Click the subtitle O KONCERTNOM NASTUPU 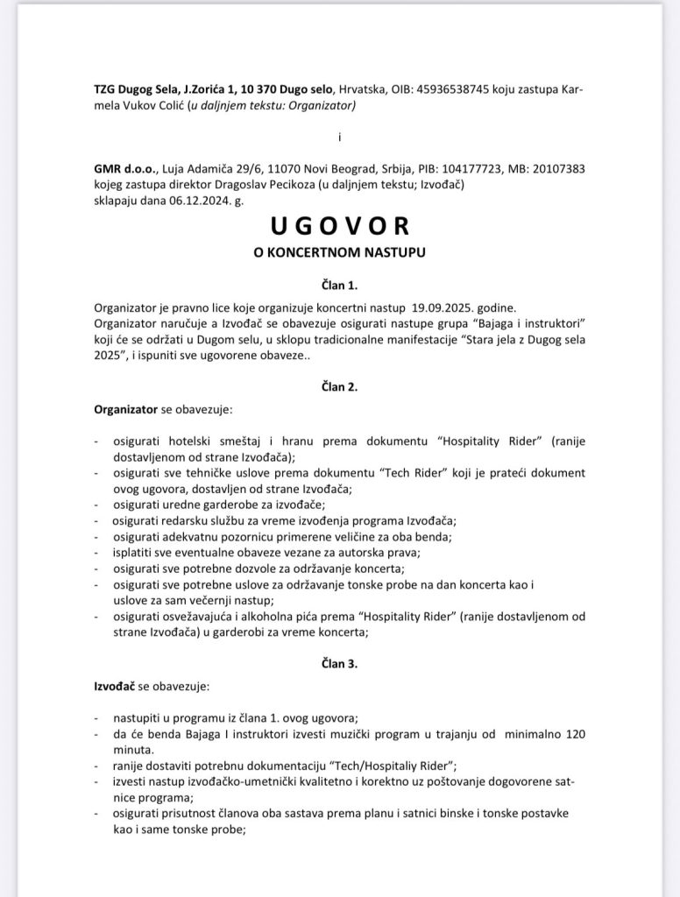click(339, 255)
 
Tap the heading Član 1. click(339, 285)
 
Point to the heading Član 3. click(339, 663)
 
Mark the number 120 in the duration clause click(573, 732)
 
